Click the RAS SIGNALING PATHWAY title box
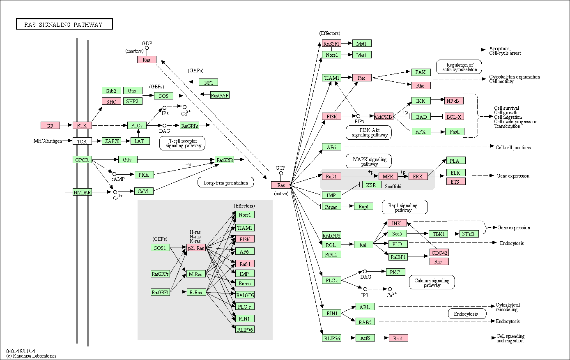[64, 24]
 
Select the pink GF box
[50, 125]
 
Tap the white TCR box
[82, 141]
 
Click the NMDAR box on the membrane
[82, 192]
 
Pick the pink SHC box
[111, 102]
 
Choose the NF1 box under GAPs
[208, 83]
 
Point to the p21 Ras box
[196, 248]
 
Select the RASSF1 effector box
[331, 44]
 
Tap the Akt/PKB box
[384, 117]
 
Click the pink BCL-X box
[454, 117]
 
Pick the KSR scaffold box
[372, 185]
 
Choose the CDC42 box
[439, 253]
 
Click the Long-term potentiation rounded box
[226, 182]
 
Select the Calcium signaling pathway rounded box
[432, 282]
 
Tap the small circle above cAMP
[114, 174]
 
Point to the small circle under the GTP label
[281, 173]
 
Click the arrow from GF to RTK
[66, 125]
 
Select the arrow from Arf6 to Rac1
[382, 338]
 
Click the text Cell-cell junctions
[513, 148]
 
